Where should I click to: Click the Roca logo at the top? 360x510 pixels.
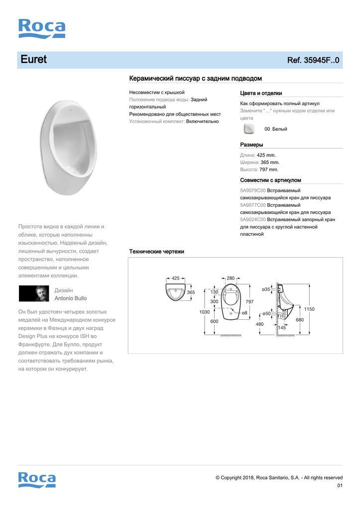(x=42, y=28)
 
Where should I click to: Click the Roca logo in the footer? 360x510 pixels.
(x=37, y=480)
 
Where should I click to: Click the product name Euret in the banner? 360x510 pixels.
(x=33, y=60)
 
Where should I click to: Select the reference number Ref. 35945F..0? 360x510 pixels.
(x=313, y=60)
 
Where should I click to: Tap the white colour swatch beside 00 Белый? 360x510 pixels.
(x=248, y=129)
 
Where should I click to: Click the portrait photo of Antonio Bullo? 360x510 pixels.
(x=34, y=294)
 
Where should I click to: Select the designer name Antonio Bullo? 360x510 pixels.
(x=70, y=298)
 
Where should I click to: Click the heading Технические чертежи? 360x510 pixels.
(x=156, y=252)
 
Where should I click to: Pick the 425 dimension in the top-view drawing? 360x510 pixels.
(x=175, y=278)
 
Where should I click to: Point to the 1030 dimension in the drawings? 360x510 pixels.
(x=204, y=312)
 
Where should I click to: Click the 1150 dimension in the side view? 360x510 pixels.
(x=309, y=309)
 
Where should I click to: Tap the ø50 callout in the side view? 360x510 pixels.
(x=267, y=313)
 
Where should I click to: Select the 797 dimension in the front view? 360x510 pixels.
(x=249, y=302)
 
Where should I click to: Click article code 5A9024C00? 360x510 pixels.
(x=253, y=220)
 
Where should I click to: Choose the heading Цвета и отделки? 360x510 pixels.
(x=261, y=93)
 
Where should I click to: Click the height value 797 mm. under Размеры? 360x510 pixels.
(x=269, y=169)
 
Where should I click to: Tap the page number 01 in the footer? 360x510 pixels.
(x=340, y=486)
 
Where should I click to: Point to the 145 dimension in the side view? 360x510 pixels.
(x=282, y=328)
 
